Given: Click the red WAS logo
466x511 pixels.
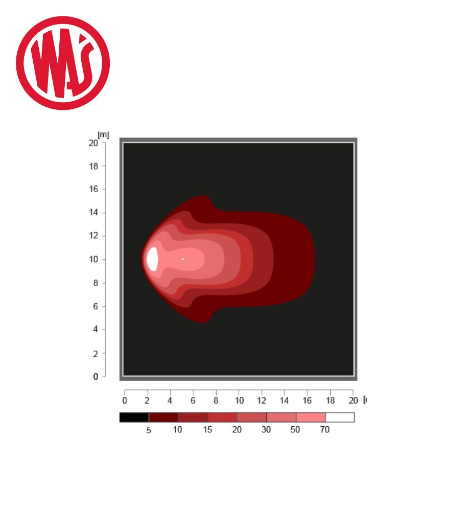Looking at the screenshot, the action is click(63, 63).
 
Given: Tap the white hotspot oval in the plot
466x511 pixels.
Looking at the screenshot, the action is click(152, 259).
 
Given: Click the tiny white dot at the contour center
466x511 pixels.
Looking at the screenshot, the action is click(183, 259).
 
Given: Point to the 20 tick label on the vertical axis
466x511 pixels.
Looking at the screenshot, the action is click(93, 143).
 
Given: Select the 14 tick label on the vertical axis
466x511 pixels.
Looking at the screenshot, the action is click(93, 213).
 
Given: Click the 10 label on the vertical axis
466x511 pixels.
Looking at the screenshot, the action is click(93, 260).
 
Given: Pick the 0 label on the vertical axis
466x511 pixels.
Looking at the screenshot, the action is click(96, 377).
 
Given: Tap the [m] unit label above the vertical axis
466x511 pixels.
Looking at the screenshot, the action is click(103, 134).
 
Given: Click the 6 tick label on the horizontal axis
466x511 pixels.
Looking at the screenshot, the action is click(193, 401).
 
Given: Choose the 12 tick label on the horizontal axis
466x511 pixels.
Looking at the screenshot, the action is click(261, 401).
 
